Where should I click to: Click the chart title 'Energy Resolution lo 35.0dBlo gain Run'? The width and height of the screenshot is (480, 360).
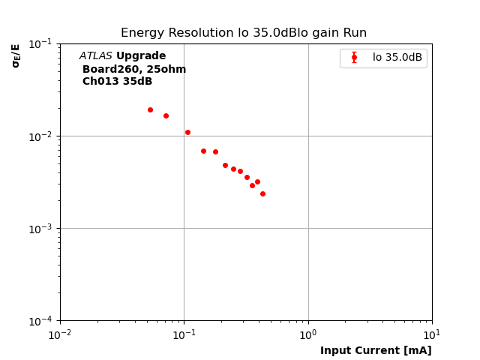coord(244,33)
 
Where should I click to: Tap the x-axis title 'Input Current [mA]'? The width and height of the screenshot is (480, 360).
coord(376,350)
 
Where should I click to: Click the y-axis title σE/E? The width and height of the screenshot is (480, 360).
coord(16,55)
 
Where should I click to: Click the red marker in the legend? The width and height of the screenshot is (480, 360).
coord(354,58)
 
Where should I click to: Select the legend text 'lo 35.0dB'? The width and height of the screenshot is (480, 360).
coord(397,58)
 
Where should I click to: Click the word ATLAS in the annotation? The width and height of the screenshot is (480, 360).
coord(95,56)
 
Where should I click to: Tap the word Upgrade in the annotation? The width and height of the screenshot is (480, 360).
coord(141,56)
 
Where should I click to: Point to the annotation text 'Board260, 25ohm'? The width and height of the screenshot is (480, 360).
coord(134,69)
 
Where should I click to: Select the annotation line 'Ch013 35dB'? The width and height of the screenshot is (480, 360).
coord(117,82)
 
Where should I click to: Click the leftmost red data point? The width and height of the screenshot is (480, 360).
coord(150,109)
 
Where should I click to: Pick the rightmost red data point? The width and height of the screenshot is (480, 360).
coord(262,193)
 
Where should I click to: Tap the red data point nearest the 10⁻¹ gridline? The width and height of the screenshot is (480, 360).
coord(187,132)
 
